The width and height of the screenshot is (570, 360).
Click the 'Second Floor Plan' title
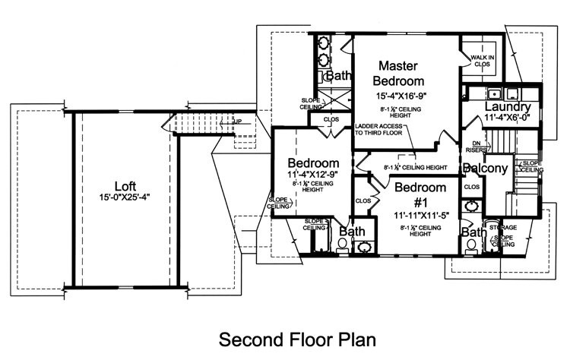[297, 336]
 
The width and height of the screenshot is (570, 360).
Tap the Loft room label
[125, 186]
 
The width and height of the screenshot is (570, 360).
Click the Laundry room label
[507, 107]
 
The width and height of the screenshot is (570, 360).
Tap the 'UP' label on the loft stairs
[238, 122]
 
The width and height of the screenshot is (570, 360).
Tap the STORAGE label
[502, 227]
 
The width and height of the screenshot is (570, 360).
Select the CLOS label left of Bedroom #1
[363, 201]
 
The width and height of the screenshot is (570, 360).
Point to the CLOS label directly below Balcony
[471, 186]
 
